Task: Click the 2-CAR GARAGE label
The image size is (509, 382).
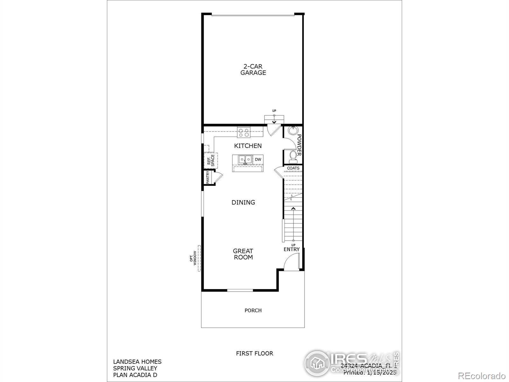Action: click(x=253, y=69)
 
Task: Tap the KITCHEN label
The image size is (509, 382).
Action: click(x=248, y=146)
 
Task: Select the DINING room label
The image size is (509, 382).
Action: click(x=243, y=202)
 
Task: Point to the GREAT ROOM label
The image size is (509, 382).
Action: click(x=243, y=254)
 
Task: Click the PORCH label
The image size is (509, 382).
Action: click(x=253, y=310)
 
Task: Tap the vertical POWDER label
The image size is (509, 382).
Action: click(x=299, y=145)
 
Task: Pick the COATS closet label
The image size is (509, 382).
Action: click(x=293, y=168)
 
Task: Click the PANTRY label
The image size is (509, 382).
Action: click(x=208, y=178)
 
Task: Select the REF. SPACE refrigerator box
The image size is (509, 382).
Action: click(x=211, y=161)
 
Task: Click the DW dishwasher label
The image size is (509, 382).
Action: click(x=258, y=159)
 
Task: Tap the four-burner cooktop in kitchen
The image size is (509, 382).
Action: click(x=244, y=132)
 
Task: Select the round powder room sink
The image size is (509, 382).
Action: click(x=292, y=131)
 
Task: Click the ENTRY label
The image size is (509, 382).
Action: click(x=291, y=249)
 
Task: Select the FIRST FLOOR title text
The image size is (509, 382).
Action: click(x=254, y=353)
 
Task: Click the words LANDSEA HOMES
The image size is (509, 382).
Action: click(x=137, y=362)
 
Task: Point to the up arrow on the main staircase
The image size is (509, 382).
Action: click(x=293, y=209)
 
